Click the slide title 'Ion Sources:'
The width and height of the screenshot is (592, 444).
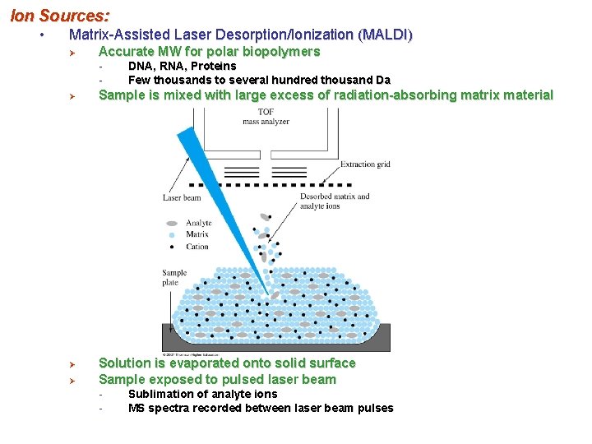[59, 14]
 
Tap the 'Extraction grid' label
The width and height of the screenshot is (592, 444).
[366, 164]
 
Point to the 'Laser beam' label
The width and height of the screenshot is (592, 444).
[182, 197]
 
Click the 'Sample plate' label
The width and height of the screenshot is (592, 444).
[174, 278]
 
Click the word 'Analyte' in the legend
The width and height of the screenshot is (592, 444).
[199, 223]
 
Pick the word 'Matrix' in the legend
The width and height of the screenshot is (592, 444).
[197, 234]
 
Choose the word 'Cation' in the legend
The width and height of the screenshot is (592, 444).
[197, 247]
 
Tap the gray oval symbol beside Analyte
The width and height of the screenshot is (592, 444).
[172, 223]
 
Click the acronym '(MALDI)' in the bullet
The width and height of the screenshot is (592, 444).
[386, 35]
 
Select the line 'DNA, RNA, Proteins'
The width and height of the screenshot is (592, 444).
[182, 66]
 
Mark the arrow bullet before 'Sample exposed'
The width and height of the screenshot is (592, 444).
[72, 380]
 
